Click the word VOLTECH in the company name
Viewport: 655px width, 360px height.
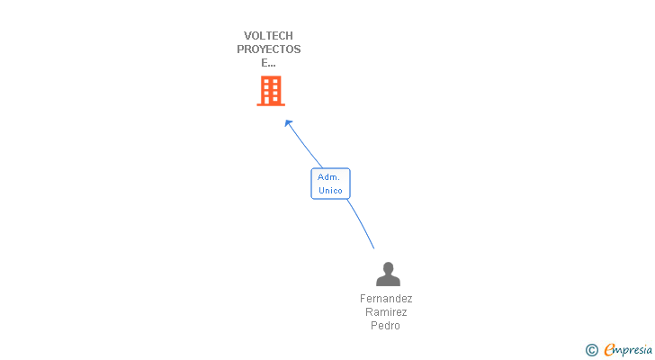click(x=268, y=36)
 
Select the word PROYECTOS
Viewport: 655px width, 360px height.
click(x=268, y=49)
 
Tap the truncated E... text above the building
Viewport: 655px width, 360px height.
click(x=268, y=63)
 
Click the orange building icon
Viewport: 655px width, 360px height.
click(x=270, y=91)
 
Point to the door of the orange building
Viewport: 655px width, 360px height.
click(x=270, y=100)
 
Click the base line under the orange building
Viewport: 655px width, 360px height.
click(x=270, y=105)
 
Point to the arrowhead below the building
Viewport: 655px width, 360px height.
click(x=288, y=122)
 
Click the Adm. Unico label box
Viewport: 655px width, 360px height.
click(x=330, y=184)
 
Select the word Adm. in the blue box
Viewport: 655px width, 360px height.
click(x=329, y=177)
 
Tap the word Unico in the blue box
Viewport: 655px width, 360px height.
click(x=330, y=191)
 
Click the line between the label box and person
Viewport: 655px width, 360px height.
click(x=362, y=223)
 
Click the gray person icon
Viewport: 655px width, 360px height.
click(x=388, y=274)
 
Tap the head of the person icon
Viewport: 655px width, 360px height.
click(x=388, y=267)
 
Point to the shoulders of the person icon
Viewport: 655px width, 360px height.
click(x=388, y=281)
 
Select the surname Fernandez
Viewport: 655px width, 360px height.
click(x=386, y=299)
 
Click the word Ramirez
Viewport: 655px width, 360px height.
click(x=386, y=312)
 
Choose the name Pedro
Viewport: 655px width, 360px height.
click(x=385, y=326)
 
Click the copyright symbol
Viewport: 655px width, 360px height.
click(x=591, y=350)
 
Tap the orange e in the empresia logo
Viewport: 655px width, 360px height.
click(x=610, y=350)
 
